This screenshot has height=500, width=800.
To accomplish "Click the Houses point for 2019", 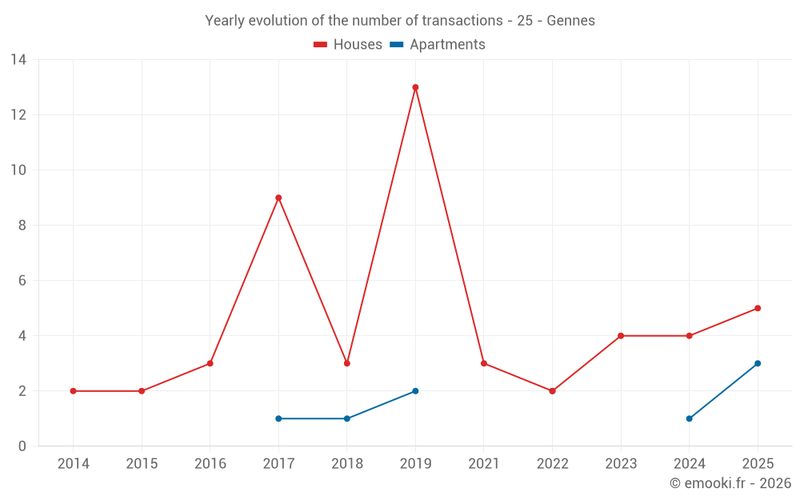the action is (415, 87).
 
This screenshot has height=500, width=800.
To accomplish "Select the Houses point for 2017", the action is (278, 198).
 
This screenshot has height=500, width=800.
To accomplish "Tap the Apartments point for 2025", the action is (758, 364).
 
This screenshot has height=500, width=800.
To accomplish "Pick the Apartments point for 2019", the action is (415, 391).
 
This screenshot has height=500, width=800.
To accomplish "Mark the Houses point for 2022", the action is (552, 391).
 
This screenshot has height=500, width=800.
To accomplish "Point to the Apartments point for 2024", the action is (690, 419).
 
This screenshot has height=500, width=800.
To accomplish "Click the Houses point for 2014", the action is (73, 391).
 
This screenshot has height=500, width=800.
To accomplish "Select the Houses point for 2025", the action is (758, 308).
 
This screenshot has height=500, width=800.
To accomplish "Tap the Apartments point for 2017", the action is (278, 419).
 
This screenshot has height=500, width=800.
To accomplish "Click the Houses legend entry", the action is (348, 44).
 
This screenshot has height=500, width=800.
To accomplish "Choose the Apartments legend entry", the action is (438, 44).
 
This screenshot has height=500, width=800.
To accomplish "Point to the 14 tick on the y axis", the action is (18, 60).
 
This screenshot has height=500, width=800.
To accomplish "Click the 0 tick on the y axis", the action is (22, 446).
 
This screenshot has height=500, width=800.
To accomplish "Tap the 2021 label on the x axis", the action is (484, 464).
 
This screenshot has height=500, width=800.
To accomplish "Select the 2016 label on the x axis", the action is (210, 464).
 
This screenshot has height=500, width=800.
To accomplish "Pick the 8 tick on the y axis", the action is (22, 226).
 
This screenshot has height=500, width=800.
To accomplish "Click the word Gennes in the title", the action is (571, 21).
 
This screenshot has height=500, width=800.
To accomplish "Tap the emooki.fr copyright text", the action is (730, 482).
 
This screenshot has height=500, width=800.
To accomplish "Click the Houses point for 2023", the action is (621, 336).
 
